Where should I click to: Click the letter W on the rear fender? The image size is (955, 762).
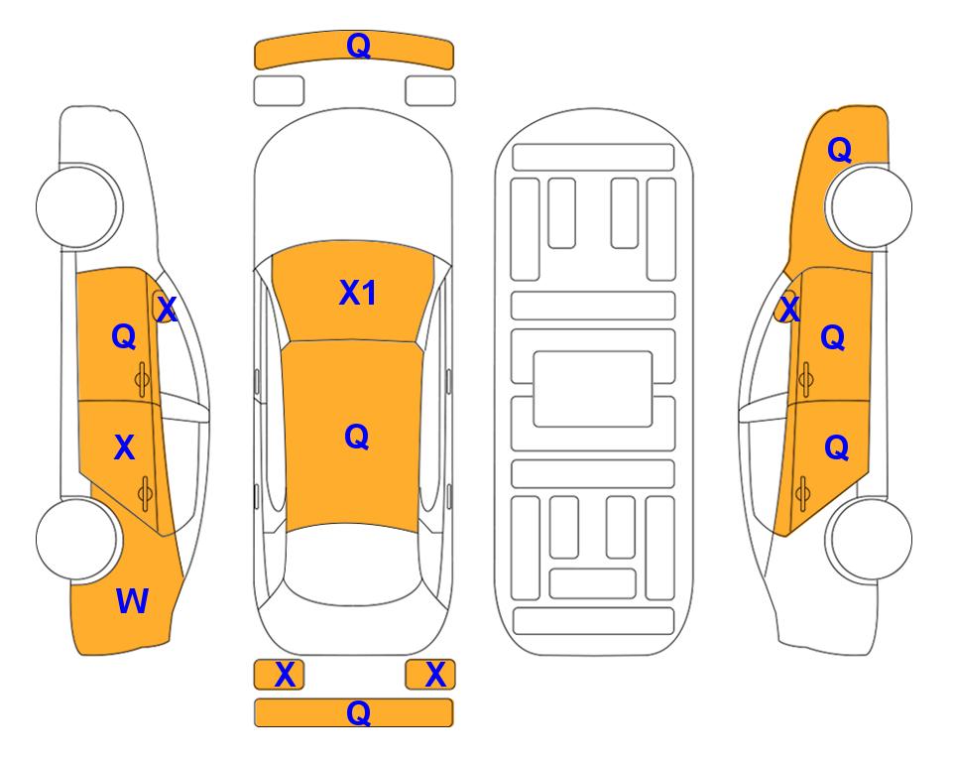[x=132, y=601]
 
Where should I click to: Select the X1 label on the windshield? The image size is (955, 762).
[x=358, y=293]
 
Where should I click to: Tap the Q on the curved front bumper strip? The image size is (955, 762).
[x=358, y=45]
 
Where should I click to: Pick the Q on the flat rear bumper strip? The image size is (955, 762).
[x=358, y=712]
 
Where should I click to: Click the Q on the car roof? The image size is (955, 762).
[x=356, y=437]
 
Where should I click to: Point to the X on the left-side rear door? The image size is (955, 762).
[x=124, y=447]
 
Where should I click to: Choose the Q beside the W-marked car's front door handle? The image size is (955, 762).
[x=124, y=336]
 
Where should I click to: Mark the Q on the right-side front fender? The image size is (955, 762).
[x=839, y=150]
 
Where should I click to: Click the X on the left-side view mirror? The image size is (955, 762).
[x=167, y=309]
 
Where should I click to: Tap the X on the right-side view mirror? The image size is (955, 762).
[x=789, y=308]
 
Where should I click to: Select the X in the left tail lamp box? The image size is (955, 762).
[x=285, y=675]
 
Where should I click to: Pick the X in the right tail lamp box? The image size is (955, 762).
[x=435, y=675]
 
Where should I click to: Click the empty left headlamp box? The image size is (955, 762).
[x=279, y=91]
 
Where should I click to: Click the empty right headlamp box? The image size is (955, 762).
[x=430, y=91]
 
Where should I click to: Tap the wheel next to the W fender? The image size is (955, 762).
[x=77, y=539]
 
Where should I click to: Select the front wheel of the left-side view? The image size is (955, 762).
[x=77, y=206]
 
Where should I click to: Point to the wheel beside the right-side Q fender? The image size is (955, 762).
[x=871, y=206]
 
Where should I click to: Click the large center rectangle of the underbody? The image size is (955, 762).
[x=593, y=389]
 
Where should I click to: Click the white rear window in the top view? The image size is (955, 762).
[x=353, y=564]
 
